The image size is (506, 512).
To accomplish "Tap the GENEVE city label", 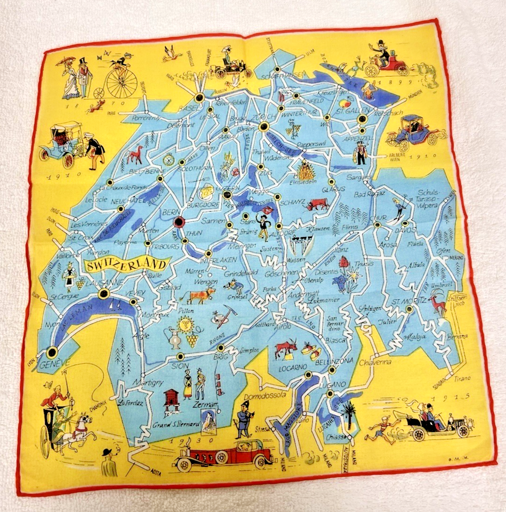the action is point(55,363).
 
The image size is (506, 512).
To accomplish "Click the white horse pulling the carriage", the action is point(80,429).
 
